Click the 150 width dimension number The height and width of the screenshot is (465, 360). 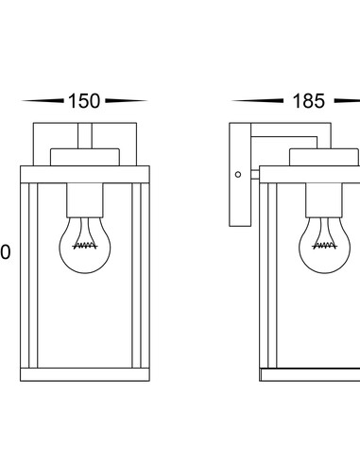click(x=84, y=101)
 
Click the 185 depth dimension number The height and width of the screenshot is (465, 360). click(x=309, y=101)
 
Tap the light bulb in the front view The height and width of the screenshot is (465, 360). click(x=85, y=245)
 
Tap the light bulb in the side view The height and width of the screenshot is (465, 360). click(x=324, y=245)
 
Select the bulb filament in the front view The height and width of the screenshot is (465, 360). click(x=85, y=246)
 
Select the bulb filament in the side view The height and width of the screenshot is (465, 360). click(x=324, y=246)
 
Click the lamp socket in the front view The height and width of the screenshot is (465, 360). click(x=85, y=200)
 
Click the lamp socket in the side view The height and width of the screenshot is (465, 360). click(x=324, y=200)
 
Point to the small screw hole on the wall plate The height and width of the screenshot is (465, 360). click(x=238, y=174)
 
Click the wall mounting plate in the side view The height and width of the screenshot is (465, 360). click(x=240, y=175)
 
